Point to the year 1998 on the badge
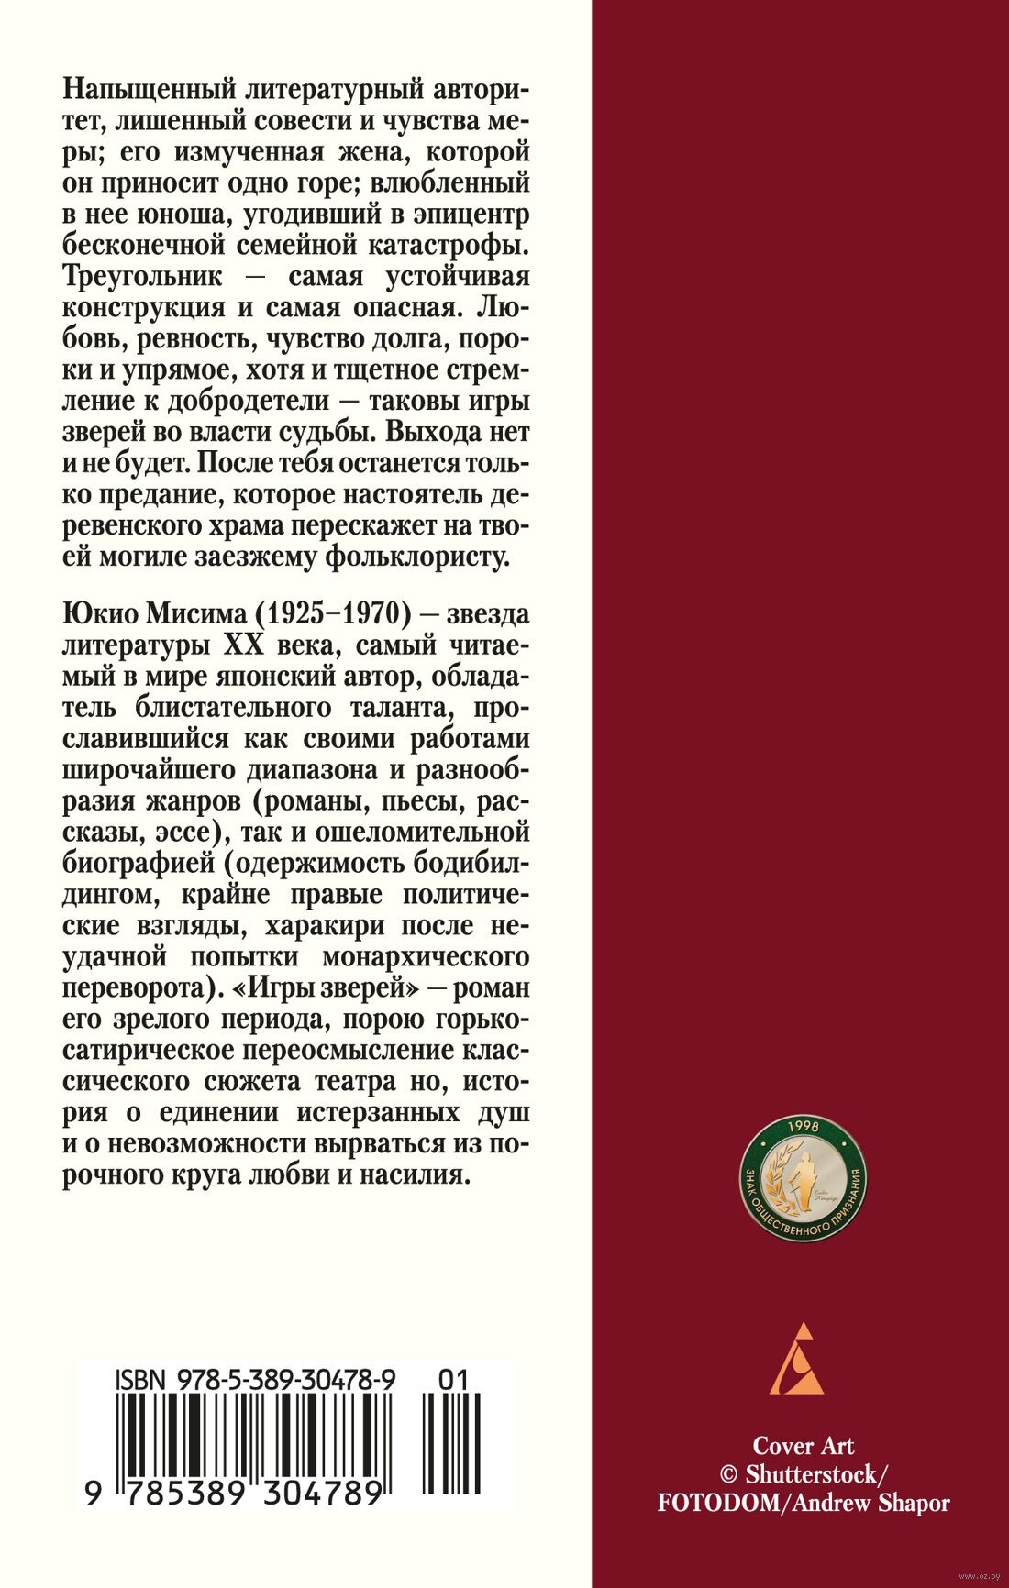point(804,1127)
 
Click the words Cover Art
point(803,1446)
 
